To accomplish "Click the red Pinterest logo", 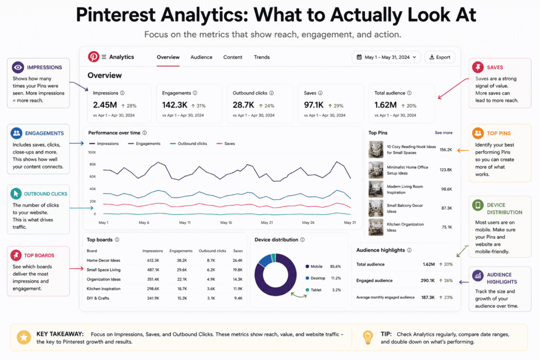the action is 93,57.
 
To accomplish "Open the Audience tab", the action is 201,57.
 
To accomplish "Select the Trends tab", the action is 262,57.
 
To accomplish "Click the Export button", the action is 440,57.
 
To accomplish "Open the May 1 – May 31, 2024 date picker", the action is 386,57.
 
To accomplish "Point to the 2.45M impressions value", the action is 105,105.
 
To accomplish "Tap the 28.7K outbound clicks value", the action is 243,105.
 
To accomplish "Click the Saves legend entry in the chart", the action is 226,143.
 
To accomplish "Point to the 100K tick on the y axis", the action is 92,152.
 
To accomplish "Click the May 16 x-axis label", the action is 226,222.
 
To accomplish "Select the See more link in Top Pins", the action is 443,132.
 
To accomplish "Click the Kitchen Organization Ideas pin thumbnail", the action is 375,227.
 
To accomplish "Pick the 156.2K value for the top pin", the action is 446,150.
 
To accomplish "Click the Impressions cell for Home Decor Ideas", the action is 153,260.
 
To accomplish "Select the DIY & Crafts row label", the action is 98,298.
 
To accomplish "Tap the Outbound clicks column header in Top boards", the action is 212,251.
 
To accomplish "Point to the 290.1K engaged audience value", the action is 428,280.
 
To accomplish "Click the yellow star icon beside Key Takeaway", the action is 24,338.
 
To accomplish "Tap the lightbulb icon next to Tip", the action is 368,337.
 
